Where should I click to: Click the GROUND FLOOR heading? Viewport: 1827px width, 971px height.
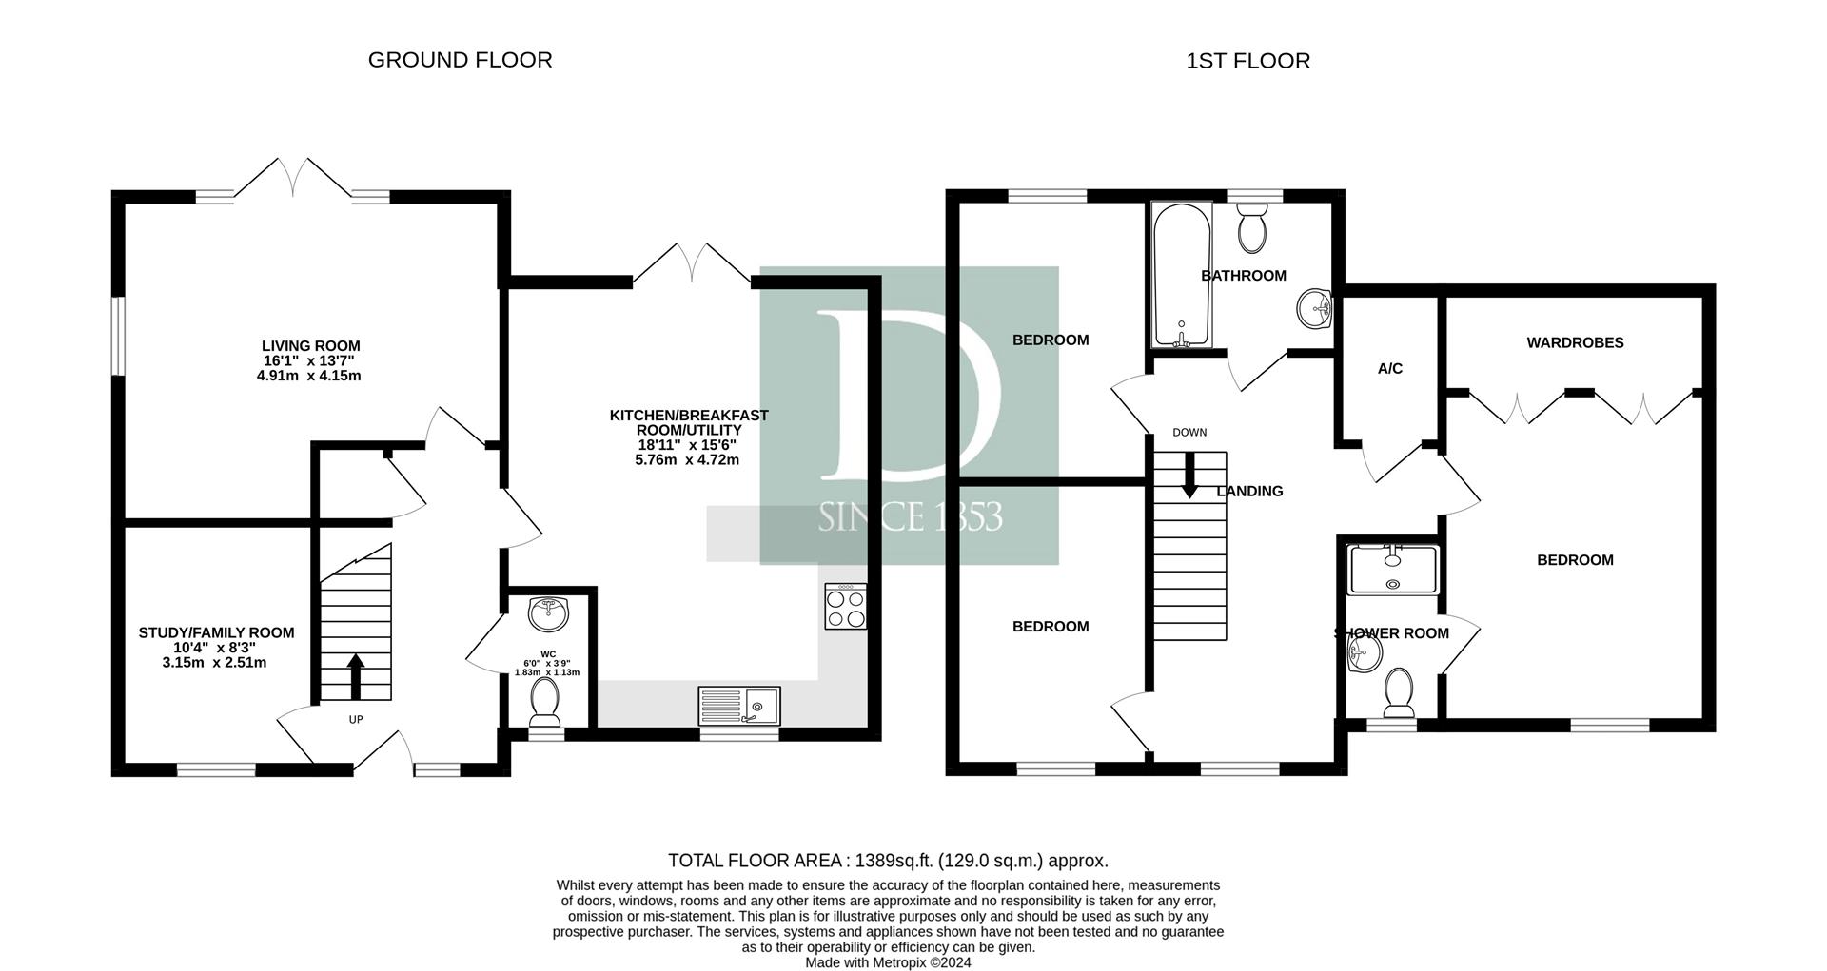pos(460,60)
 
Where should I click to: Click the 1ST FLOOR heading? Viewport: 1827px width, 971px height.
pos(1247,61)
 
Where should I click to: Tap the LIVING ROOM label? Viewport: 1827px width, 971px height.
pos(311,346)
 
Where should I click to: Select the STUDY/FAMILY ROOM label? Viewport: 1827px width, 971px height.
pos(216,632)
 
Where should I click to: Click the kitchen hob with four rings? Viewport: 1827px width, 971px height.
pos(846,606)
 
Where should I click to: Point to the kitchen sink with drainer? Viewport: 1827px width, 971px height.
pos(739,706)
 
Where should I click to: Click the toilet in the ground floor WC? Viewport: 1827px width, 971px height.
pos(546,701)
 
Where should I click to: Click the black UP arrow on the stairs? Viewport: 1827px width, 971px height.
pos(356,676)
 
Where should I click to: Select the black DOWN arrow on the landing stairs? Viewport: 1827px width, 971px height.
pos(1189,475)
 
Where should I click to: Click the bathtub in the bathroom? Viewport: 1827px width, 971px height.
pos(1181,275)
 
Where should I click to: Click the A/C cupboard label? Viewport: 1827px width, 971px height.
pos(1390,369)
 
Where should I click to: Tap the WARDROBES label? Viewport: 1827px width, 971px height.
pos(1575,342)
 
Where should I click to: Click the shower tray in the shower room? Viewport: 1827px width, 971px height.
pos(1393,570)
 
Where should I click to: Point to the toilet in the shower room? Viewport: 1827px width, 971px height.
pos(1399,692)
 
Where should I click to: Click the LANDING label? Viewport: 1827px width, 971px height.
pos(1249,492)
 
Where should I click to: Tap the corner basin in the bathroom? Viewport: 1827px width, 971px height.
pos(1314,307)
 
